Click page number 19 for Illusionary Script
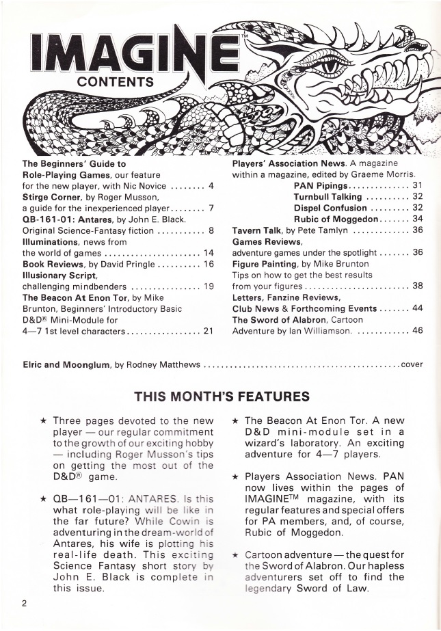coord(210,287)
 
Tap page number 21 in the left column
coord(210,332)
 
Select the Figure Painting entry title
coord(267,265)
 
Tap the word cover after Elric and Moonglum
coord(412,365)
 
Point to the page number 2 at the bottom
coord(23,603)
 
